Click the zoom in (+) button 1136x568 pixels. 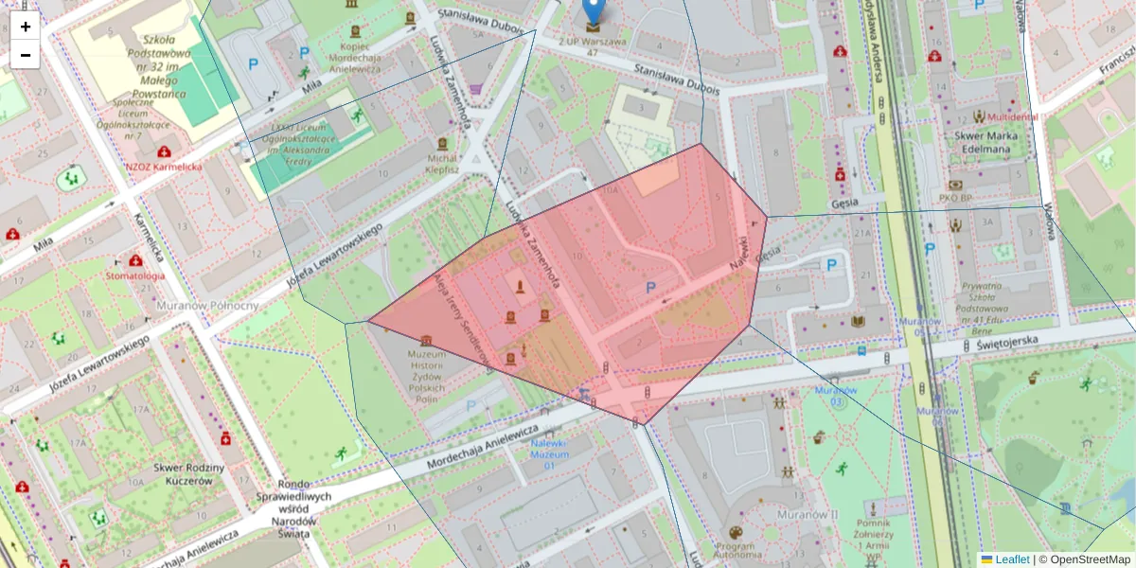26,27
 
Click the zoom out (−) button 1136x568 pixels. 26,55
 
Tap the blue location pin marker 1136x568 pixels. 593,11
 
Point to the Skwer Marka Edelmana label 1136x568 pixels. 977,142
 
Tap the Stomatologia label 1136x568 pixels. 135,275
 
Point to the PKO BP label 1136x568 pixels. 955,198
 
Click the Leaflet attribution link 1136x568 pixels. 1011,559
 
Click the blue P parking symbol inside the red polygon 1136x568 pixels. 649,288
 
